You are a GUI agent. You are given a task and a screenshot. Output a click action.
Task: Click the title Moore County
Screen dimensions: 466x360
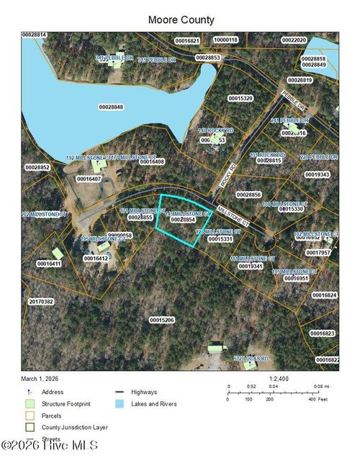tap(181, 20)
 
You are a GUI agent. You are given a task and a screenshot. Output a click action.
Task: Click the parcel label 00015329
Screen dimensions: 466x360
tap(240, 97)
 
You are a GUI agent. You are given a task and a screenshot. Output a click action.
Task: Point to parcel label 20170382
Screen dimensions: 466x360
tap(41, 301)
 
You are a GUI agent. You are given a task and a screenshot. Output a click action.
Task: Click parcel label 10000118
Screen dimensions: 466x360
tap(225, 40)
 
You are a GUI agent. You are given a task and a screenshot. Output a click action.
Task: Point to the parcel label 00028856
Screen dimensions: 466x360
tap(248, 194)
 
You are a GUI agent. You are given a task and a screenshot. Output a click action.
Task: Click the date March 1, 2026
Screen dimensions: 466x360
tap(40, 378)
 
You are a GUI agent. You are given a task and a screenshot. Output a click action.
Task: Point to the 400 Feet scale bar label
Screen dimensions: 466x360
tap(314, 398)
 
